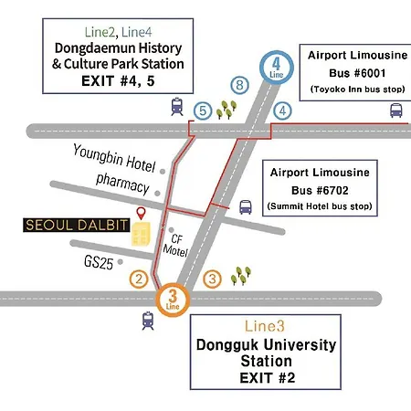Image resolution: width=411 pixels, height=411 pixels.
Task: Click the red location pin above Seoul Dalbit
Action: point(141,213)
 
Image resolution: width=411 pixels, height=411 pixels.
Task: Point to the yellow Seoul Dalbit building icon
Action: point(141,234)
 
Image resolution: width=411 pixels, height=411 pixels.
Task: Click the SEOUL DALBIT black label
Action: point(77,225)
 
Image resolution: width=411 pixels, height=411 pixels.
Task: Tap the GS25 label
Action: point(99,262)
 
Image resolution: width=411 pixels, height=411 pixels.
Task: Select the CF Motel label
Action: point(175,246)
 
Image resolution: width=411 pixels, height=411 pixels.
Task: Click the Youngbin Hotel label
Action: point(114,158)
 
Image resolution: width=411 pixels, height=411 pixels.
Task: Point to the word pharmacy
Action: point(122,183)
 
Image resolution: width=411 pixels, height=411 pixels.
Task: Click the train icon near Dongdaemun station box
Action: point(177,106)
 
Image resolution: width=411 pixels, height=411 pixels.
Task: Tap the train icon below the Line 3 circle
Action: point(148,321)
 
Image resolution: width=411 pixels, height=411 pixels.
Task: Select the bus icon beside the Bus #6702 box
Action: point(246,207)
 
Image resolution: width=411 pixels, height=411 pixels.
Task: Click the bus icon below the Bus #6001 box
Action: point(396,111)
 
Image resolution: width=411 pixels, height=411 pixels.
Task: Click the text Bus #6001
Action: point(357,73)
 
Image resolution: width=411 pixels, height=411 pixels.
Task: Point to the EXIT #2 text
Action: point(268,378)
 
